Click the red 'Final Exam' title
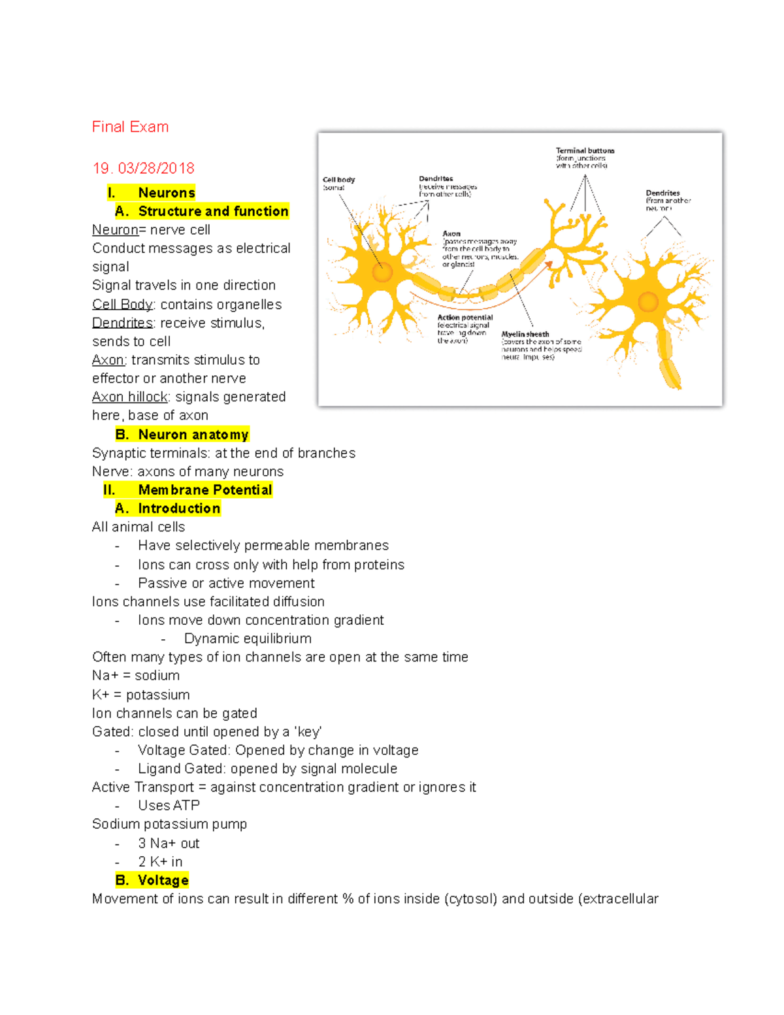click(130, 127)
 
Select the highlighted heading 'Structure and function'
click(213, 211)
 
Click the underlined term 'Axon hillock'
click(130, 397)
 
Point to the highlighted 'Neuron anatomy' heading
click(193, 435)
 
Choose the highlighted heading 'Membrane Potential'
click(204, 490)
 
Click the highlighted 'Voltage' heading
click(163, 880)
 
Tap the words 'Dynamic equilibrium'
click(248, 639)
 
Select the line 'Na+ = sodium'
click(136, 675)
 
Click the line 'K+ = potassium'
click(141, 694)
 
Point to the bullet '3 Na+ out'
click(169, 843)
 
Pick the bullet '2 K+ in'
click(160, 861)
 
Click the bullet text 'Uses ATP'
click(169, 805)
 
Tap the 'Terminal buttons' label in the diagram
click(585, 151)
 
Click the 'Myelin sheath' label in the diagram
click(525, 334)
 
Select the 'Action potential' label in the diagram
click(465, 318)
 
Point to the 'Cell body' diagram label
click(338, 180)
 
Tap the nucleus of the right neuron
click(648, 302)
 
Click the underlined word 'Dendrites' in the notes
click(122, 323)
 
